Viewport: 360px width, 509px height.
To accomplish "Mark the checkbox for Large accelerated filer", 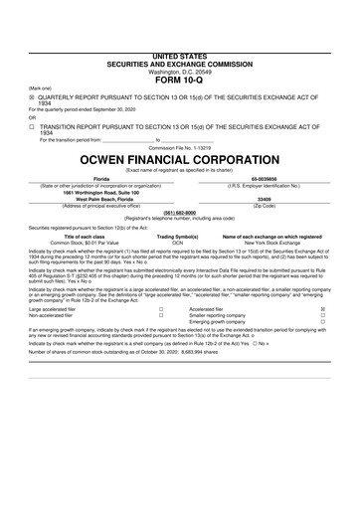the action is click(161, 309).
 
